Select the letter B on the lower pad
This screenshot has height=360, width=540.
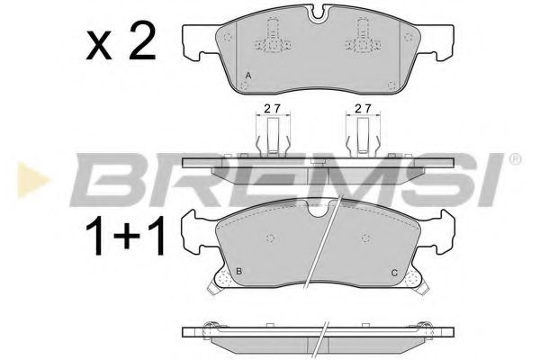tap(238, 272)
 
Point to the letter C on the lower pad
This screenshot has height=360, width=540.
tap(393, 274)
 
